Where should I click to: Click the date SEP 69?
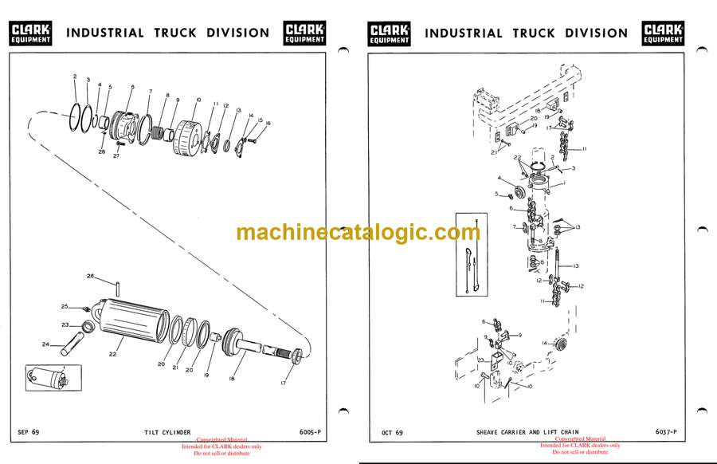tap(29, 432)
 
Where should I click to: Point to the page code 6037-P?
tap(667, 433)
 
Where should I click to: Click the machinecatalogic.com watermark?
tap(358, 232)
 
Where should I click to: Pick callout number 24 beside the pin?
tap(45, 344)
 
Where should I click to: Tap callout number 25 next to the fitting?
tap(65, 307)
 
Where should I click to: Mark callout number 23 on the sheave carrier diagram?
tap(482, 360)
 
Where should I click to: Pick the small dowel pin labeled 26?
tap(116, 287)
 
